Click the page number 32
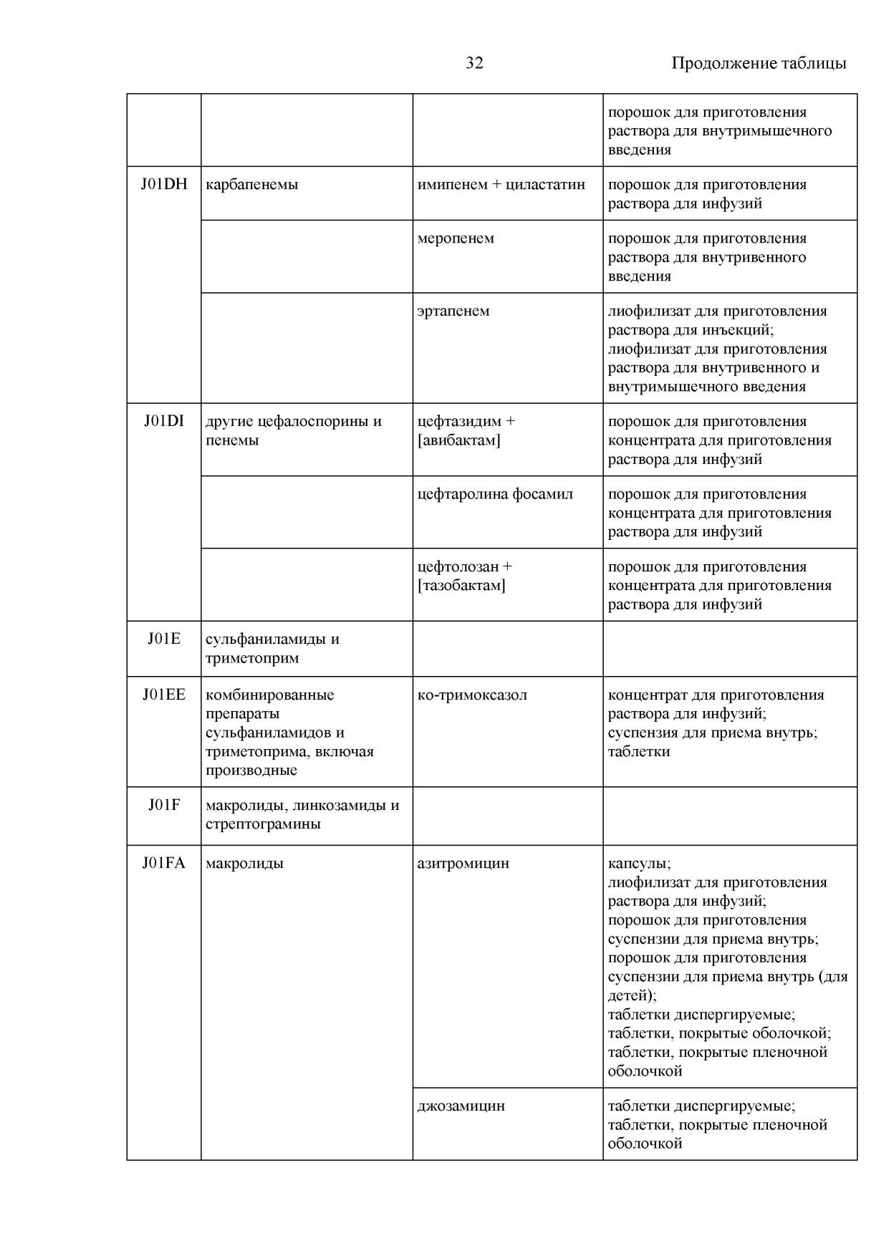click(474, 63)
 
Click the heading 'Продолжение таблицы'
click(758, 63)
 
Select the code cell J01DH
click(164, 184)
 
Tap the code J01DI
click(164, 421)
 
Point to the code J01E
click(164, 639)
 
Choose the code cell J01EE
click(164, 695)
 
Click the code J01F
click(164, 805)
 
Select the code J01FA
click(164, 863)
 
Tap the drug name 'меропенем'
click(456, 238)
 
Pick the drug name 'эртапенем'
click(453, 311)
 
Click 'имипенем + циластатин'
click(501, 185)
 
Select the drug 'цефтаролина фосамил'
click(495, 494)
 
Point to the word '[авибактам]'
click(458, 440)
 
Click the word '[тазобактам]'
click(461, 586)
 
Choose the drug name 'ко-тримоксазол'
click(472, 695)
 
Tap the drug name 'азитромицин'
click(463, 864)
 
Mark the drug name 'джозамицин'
click(461, 1106)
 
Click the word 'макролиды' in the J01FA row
click(244, 864)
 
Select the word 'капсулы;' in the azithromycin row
click(639, 864)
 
